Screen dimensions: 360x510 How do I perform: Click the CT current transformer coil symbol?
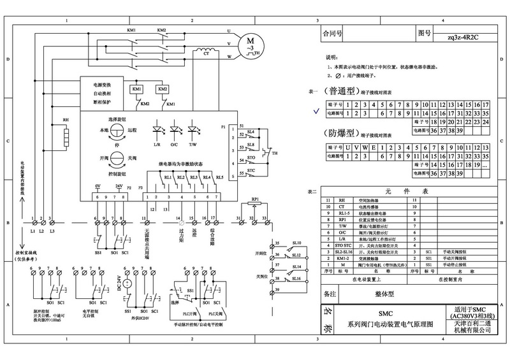[206, 62]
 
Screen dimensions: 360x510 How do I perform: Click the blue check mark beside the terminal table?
[313, 109]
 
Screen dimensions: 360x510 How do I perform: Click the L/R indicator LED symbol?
[157, 129]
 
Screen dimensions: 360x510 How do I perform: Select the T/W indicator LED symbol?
[192, 129]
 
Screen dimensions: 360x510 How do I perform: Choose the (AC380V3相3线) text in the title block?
[473, 317]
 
